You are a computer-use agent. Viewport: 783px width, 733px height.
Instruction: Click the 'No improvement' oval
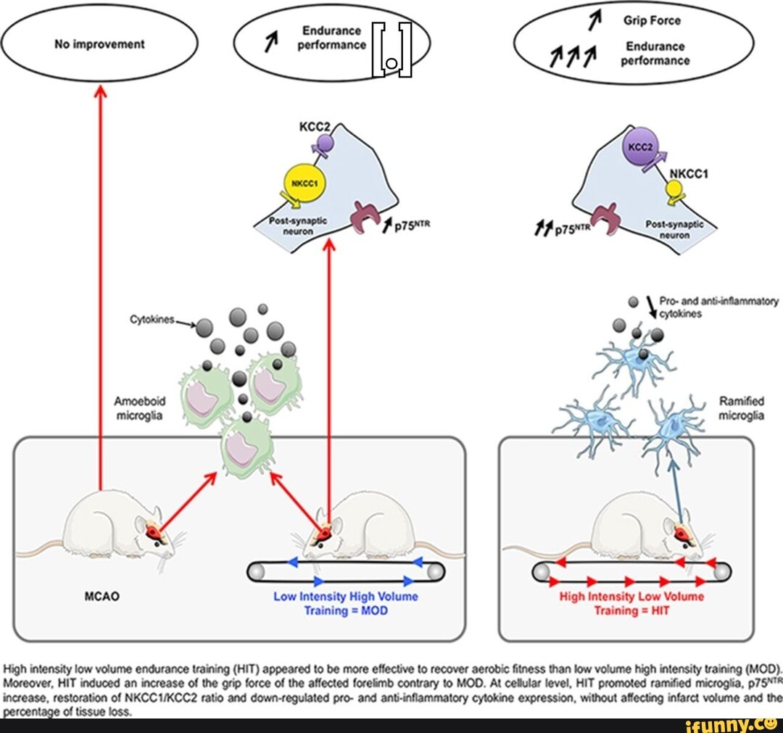point(99,44)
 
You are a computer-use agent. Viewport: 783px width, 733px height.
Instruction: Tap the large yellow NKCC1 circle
point(299,182)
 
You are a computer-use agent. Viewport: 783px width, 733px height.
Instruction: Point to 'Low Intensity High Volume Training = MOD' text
point(345,603)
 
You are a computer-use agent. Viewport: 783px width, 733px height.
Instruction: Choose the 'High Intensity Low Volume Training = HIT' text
point(631,603)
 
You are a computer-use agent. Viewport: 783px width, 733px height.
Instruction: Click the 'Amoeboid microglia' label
point(139,407)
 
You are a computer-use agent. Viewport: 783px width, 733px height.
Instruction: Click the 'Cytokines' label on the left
point(149,319)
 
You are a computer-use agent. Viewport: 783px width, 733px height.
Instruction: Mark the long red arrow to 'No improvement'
point(100,290)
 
